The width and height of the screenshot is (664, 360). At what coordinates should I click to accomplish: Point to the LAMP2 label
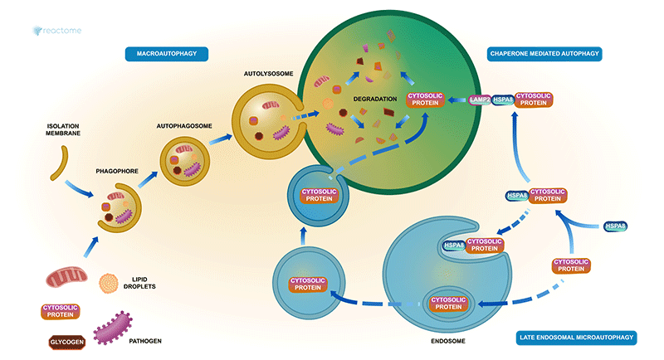[479, 100]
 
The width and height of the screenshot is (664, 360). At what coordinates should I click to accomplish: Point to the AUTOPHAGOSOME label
[184, 127]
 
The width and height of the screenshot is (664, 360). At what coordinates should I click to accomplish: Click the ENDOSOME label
[447, 339]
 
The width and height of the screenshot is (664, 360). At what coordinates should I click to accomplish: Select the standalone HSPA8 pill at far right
[614, 226]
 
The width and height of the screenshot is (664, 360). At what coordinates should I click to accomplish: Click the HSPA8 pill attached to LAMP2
[503, 100]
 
